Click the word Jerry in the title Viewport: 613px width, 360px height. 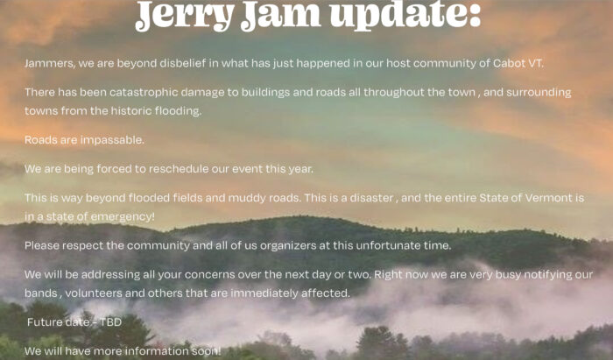[185, 15]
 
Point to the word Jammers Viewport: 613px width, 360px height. [50, 63]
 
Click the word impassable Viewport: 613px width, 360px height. [112, 140]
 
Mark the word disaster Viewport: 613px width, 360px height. [371, 198]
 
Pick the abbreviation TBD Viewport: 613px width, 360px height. [110, 321]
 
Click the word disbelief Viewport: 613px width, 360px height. [183, 63]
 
